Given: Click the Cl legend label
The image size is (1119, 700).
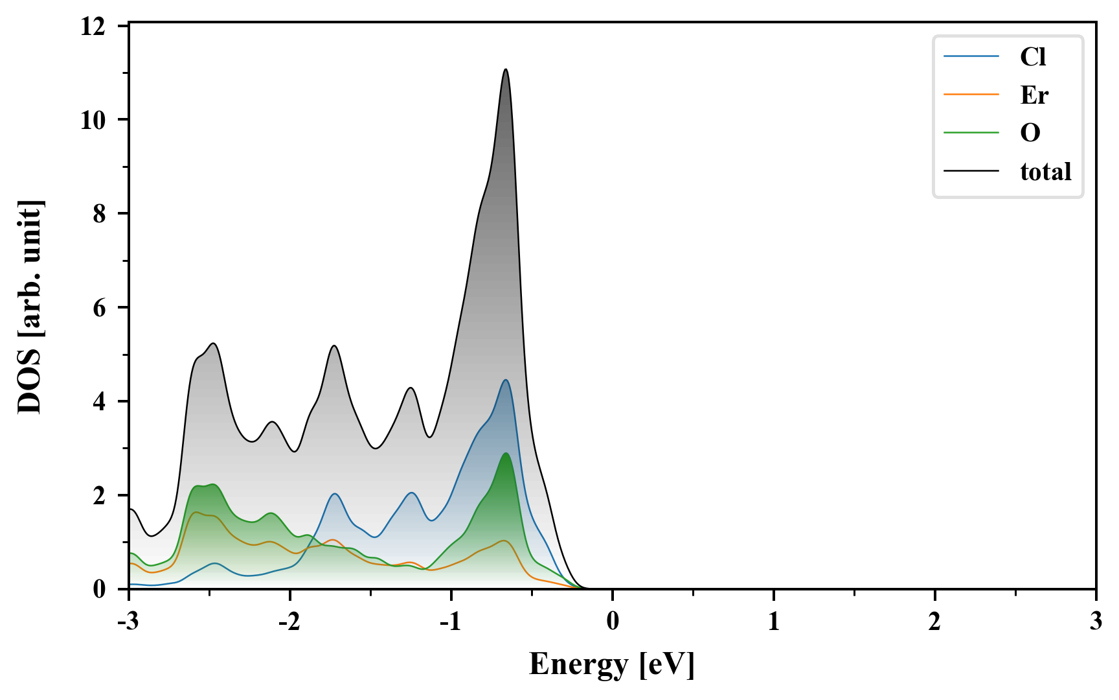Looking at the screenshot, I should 1033,57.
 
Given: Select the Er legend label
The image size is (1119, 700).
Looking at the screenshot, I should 1034,95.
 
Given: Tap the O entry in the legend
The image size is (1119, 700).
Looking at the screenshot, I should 1030,133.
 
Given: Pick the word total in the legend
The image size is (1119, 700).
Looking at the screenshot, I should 1046,171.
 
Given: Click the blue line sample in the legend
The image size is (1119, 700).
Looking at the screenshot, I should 971,56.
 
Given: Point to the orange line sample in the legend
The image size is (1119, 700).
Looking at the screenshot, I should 971,95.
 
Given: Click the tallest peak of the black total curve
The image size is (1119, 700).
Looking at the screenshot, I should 506,69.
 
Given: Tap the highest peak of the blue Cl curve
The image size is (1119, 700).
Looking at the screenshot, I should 506,380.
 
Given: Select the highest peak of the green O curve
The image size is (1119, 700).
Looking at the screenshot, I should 506,454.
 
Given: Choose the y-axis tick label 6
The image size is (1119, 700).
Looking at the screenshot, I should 99,308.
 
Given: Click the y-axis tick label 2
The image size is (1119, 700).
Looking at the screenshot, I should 99,496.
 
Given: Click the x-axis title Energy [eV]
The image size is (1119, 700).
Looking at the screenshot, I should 612,664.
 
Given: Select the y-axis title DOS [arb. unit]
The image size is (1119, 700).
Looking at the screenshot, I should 30,307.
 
